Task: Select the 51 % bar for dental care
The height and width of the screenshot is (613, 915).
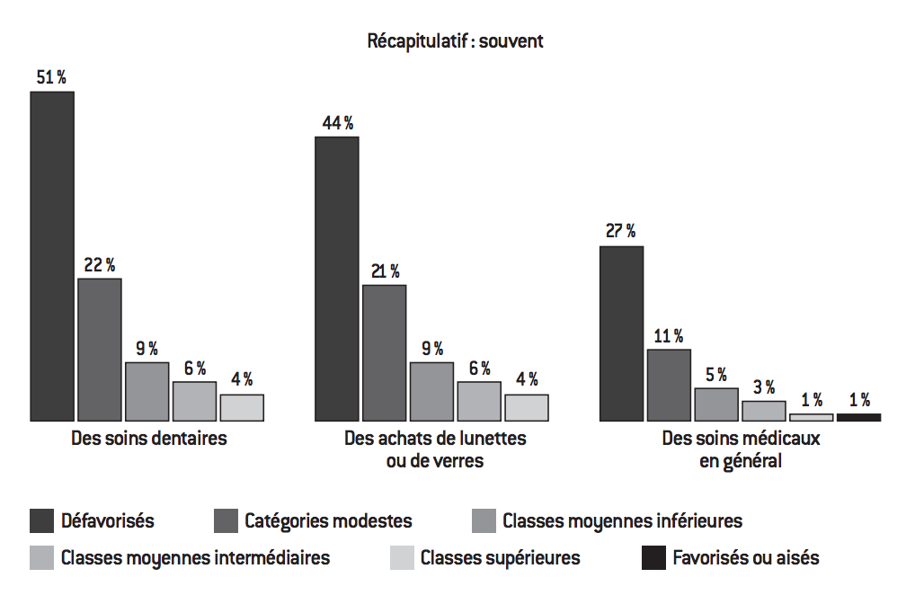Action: point(52,256)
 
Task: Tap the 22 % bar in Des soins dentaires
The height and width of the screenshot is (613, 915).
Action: point(100,350)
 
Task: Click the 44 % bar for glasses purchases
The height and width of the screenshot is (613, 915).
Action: point(337,279)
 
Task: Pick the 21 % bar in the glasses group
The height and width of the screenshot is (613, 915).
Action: point(384,352)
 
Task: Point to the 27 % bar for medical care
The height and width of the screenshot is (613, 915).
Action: point(621,333)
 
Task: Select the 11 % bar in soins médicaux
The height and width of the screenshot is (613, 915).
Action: point(669,385)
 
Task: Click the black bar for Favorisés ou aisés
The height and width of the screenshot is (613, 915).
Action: point(858,417)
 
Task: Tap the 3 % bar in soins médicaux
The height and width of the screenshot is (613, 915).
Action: point(763,411)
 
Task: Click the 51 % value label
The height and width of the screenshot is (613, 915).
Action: point(51,77)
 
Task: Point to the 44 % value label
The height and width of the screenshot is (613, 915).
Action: point(337,123)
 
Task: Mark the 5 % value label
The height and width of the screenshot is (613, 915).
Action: point(716,374)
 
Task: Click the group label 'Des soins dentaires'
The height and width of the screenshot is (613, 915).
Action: point(149,440)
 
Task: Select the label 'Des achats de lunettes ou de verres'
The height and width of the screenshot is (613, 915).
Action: point(435,450)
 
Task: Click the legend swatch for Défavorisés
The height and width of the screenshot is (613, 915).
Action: point(41,520)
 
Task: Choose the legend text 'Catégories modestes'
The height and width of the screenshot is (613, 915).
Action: point(328,520)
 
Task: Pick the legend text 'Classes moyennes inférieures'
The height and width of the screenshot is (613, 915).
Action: point(622,520)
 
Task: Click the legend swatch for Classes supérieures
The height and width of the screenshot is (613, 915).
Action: point(402,558)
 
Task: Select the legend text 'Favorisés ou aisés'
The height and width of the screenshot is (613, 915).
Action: point(746,558)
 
